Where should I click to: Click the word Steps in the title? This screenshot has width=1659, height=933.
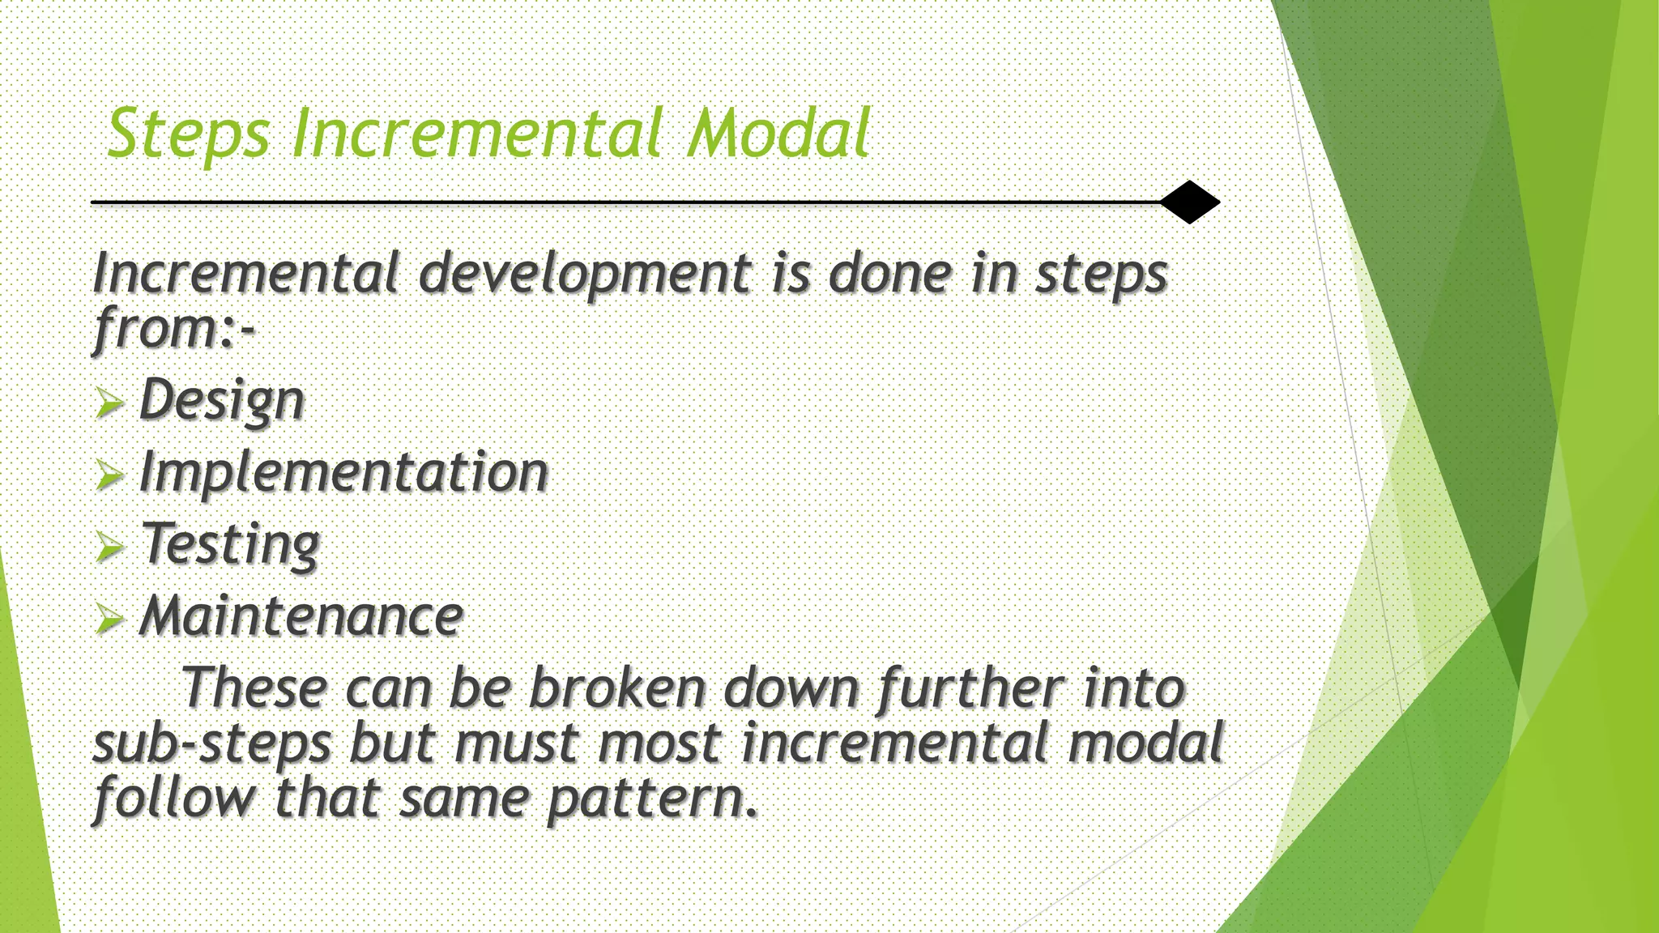[188, 134]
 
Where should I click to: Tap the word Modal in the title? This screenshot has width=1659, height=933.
[778, 134]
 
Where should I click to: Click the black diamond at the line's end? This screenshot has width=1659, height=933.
[1189, 202]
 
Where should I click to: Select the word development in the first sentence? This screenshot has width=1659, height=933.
[585, 274]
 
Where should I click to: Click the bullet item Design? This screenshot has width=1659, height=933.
[221, 400]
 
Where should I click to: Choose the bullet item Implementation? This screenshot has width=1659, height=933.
[343, 472]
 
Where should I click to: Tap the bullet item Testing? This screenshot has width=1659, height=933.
[231, 544]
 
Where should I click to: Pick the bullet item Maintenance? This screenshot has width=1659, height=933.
[301, 616]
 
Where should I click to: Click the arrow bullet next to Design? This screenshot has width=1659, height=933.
[109, 403]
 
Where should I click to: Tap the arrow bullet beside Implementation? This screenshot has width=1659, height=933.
[109, 475]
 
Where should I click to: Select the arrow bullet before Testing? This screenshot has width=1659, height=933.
[109, 547]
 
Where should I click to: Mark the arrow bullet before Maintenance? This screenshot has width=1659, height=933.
[109, 620]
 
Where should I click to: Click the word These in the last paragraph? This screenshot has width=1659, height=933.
[254, 688]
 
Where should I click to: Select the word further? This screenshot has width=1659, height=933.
[970, 688]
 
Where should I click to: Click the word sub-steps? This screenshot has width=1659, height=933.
[212, 743]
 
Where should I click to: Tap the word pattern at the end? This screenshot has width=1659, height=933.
[653, 799]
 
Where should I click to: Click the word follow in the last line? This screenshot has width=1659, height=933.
[175, 799]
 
